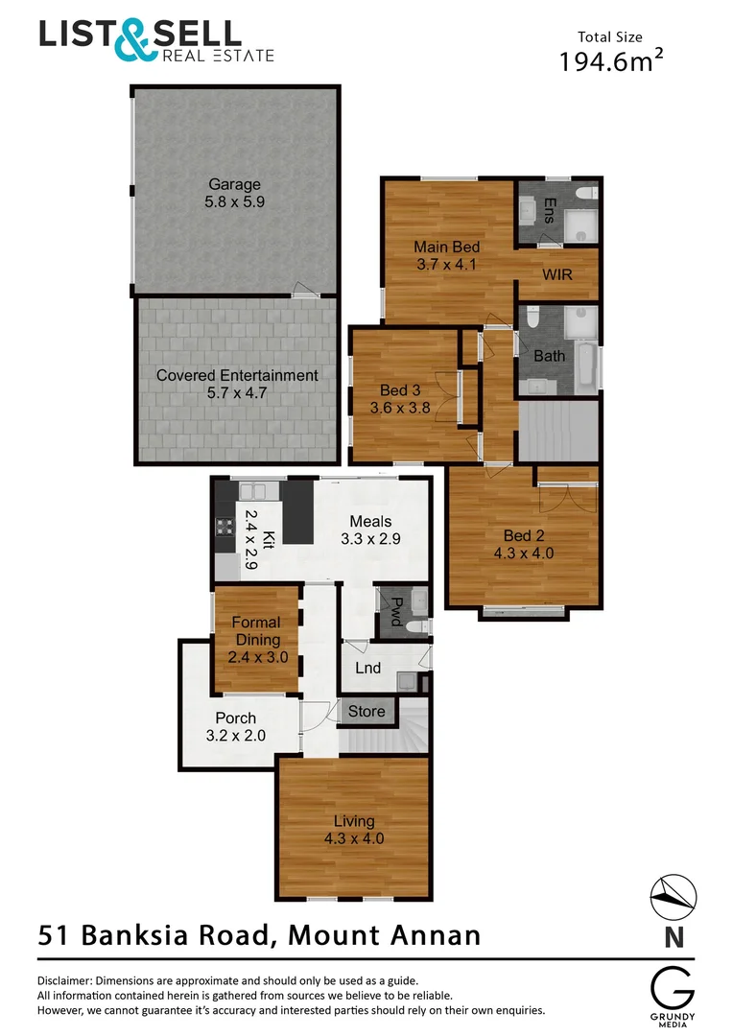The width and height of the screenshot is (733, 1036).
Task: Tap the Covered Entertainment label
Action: (x=237, y=375)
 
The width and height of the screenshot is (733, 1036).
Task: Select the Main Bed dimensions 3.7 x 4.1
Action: (x=446, y=265)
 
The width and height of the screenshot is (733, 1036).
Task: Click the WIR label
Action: (x=557, y=274)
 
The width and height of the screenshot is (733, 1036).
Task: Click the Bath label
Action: (x=550, y=356)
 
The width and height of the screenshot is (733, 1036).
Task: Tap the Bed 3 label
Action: (x=400, y=390)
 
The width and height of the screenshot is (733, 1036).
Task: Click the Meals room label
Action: (x=369, y=522)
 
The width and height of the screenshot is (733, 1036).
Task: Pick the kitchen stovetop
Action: (x=225, y=526)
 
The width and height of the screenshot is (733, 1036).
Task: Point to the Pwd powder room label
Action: (x=395, y=610)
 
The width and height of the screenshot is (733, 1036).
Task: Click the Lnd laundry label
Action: (x=367, y=669)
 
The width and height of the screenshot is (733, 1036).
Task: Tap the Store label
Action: (x=366, y=711)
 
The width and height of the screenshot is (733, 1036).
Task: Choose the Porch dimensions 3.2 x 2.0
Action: (x=235, y=736)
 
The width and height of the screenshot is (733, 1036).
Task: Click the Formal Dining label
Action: (x=257, y=631)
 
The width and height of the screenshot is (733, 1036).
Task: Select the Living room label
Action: (x=354, y=821)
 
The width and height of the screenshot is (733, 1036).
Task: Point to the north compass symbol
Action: (x=674, y=899)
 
